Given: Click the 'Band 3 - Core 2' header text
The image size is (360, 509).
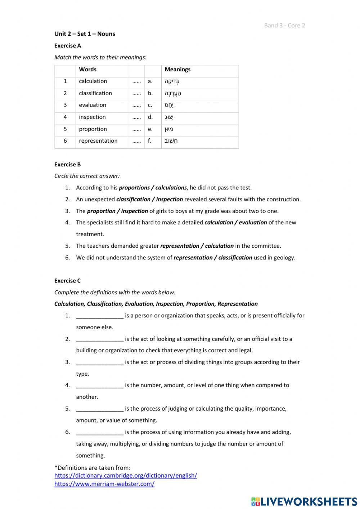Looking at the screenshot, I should click(284, 25).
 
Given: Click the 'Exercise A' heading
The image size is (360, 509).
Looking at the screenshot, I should click(68, 46).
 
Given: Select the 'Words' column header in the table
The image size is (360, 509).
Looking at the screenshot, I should click(88, 70).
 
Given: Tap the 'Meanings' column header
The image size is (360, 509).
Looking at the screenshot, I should click(177, 70).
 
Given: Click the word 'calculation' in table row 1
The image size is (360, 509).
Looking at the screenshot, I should click(93, 81).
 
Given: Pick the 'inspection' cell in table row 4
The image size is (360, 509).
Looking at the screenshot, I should click(92, 117).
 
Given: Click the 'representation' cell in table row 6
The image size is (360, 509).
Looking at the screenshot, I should click(98, 141).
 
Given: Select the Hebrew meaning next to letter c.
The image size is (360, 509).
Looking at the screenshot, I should click(169, 105).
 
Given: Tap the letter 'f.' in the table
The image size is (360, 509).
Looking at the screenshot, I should click(149, 141).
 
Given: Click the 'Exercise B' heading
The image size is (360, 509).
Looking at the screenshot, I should click(68, 165).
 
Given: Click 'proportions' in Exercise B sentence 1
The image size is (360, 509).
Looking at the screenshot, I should click(134, 188).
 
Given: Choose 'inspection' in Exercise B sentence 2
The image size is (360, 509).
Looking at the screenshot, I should click(169, 200).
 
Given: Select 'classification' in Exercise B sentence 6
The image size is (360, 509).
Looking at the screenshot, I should click(235, 258).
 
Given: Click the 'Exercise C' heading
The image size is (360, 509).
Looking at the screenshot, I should click(68, 281).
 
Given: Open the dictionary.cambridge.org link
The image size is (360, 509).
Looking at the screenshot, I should click(126, 475).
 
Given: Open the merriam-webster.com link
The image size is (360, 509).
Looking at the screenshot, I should click(104, 484).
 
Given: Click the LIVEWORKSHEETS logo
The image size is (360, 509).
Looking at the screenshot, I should click(304, 501).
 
